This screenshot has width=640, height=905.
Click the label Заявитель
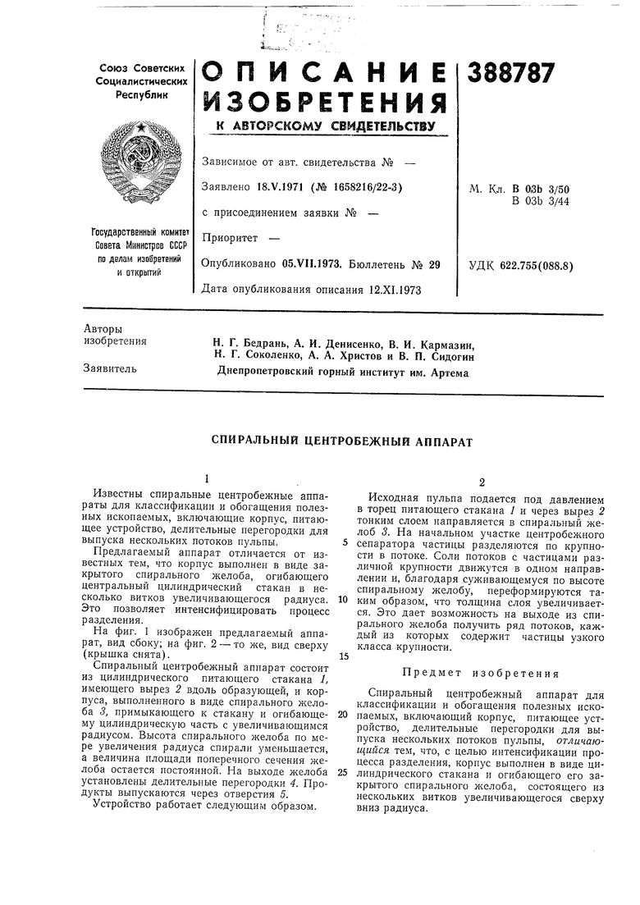click(x=109, y=368)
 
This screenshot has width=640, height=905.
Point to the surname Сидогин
click(x=446, y=355)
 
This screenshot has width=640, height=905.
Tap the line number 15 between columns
click(x=341, y=656)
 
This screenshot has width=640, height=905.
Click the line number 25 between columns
click(x=341, y=771)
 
